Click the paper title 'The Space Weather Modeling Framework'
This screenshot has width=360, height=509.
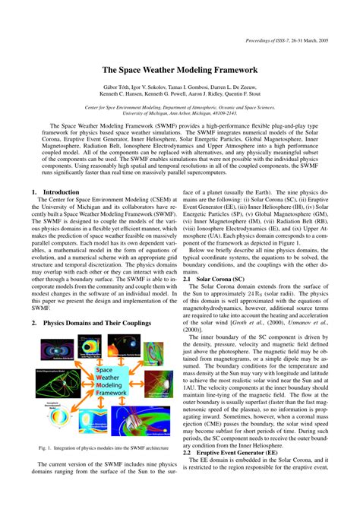point(179,69)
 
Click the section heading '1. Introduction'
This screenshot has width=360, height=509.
point(55,193)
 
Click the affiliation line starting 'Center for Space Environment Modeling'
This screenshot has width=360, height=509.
point(179,109)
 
